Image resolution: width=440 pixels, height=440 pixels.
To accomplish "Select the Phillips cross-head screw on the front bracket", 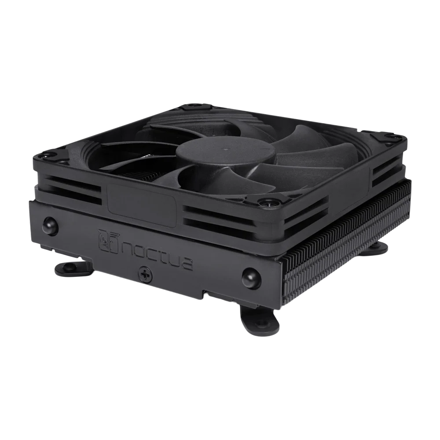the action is [x=146, y=272].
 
